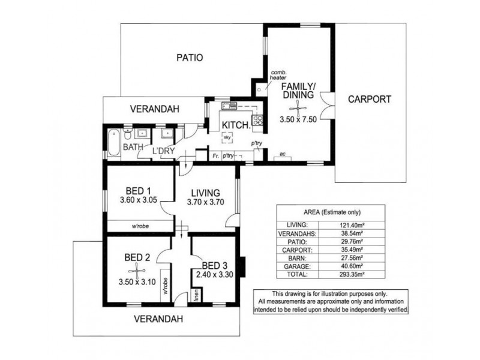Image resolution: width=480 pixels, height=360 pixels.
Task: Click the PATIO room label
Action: [190, 58]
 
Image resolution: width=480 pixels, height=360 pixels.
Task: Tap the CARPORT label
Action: [370, 99]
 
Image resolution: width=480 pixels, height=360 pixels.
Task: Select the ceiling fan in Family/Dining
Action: [298, 109]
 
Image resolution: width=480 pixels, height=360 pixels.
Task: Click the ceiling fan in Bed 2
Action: [137, 271]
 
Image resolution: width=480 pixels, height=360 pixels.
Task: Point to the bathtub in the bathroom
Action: [113, 143]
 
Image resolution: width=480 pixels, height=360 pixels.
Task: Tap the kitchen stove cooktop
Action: [257, 119]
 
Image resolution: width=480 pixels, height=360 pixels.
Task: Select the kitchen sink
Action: [229, 106]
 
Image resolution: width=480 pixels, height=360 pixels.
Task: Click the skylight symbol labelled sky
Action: [227, 137]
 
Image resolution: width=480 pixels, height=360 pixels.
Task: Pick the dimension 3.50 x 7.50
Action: [298, 119]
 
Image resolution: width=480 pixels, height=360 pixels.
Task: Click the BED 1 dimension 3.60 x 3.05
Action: [139, 200]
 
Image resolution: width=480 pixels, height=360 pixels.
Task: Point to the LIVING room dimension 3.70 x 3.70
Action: [205, 202]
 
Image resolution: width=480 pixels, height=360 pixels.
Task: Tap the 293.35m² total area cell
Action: [352, 274]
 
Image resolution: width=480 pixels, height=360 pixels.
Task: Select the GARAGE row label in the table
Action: [297, 266]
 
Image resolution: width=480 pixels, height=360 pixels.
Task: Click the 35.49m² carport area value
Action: [352, 250]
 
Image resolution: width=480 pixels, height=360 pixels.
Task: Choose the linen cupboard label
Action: [197, 295]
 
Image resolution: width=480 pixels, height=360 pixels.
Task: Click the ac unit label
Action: [282, 154]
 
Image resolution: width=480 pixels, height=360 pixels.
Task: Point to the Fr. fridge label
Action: [216, 156]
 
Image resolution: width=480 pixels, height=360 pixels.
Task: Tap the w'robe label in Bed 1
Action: [140, 226]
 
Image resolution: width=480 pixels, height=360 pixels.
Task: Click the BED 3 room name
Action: [215, 265]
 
